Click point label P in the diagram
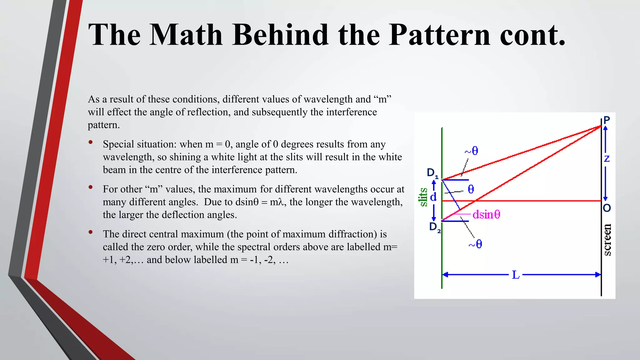(x=607, y=120)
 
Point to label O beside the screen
(x=607, y=208)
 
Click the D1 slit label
(x=432, y=173)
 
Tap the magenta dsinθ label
(x=486, y=214)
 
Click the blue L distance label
(x=516, y=275)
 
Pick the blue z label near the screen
(x=607, y=159)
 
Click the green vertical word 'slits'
(x=423, y=197)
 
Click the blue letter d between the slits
(x=433, y=197)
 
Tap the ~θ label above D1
(x=471, y=151)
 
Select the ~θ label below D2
(x=475, y=244)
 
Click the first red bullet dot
(x=91, y=142)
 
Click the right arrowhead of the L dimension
(x=597, y=275)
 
